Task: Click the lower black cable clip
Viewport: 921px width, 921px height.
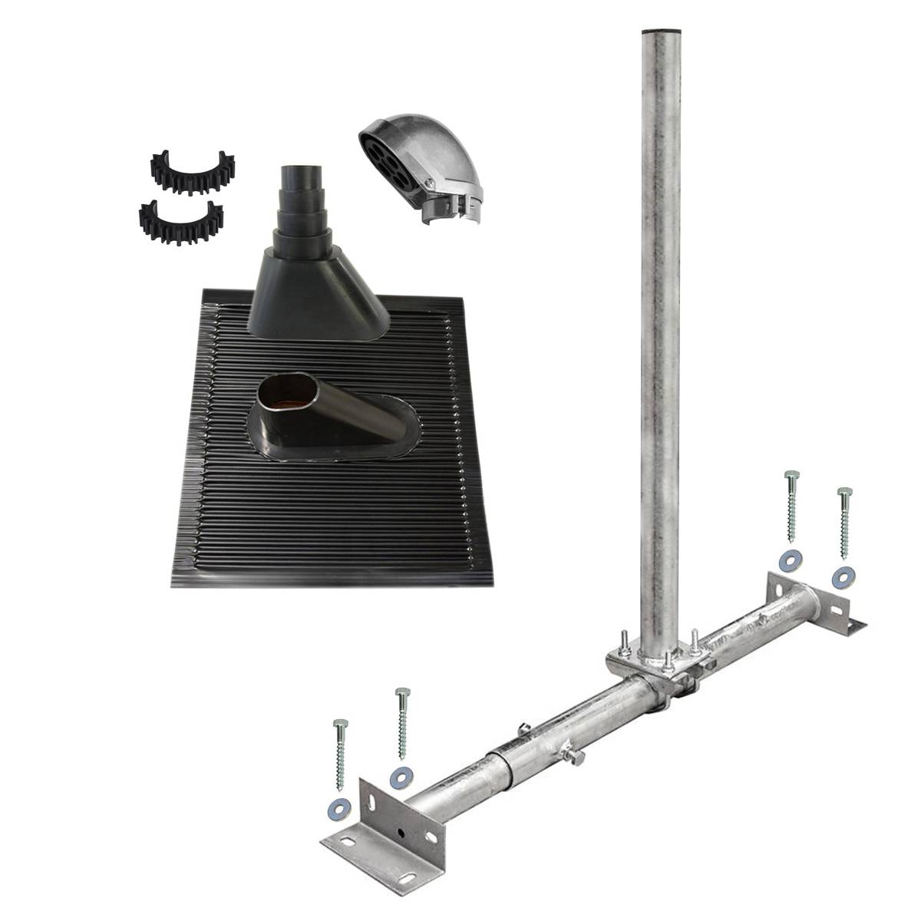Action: pos(181,222)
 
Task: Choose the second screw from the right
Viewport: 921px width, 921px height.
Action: pos(791,507)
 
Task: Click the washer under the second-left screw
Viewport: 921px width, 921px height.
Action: pos(400,777)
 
